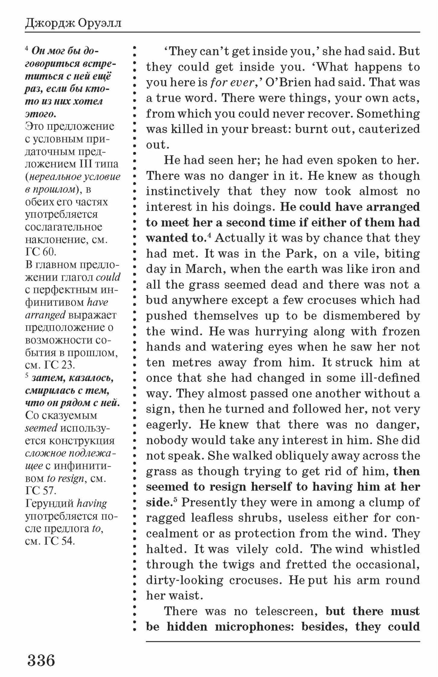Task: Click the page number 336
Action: (41, 660)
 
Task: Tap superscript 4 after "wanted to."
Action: (209, 236)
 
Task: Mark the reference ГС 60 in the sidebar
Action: (41, 252)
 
